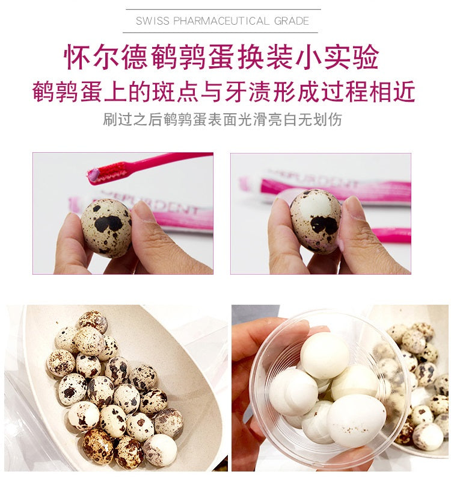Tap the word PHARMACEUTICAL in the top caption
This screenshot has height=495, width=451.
tap(221, 21)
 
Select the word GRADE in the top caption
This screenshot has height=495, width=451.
tap(292, 21)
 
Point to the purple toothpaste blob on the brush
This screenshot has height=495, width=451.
tap(94, 175)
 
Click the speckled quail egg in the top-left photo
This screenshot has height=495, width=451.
tap(106, 226)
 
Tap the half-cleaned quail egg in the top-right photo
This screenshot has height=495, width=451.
tap(316, 220)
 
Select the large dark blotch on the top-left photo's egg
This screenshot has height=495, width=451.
tap(108, 223)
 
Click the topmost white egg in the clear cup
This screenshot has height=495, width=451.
tap(325, 351)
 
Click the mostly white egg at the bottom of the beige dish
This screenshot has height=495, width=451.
tap(161, 450)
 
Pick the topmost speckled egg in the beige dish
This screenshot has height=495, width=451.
tap(93, 322)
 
